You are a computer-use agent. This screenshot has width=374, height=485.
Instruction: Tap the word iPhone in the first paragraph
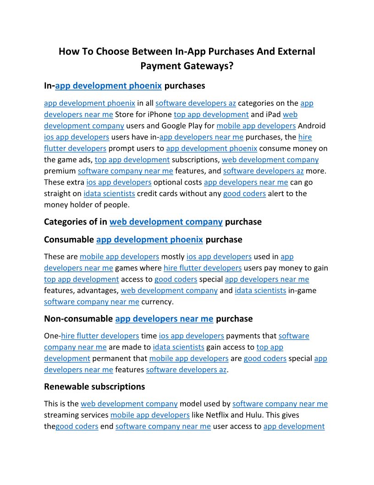point(159,114)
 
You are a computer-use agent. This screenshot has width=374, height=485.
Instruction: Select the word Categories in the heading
point(65,222)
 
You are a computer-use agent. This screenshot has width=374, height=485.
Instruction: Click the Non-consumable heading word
point(78,318)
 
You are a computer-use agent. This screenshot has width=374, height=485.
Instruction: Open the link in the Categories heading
point(166,222)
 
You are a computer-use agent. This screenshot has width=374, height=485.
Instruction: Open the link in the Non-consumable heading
point(164,318)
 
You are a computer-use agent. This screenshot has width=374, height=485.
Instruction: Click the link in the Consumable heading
point(149,239)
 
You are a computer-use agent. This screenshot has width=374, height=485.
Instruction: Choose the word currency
point(157,302)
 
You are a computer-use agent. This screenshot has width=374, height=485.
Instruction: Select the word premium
point(60,171)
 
